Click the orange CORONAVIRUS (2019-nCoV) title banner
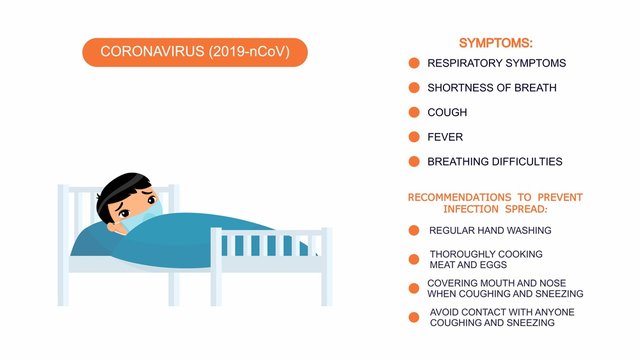point(195,52)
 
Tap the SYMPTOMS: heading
point(495,43)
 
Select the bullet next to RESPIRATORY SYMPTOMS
point(414,63)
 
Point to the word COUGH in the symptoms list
point(447,113)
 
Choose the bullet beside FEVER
point(414,137)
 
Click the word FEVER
point(445,137)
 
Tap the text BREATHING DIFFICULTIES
point(494,161)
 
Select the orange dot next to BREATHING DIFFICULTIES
point(414,161)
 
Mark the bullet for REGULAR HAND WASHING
point(414,230)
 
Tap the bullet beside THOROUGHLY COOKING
point(414,259)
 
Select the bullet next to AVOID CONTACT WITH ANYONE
point(414,317)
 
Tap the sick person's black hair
point(121,186)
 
